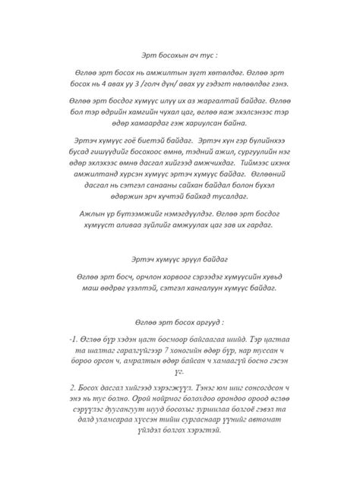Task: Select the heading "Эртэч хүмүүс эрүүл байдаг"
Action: pyautogui.click(x=180, y=258)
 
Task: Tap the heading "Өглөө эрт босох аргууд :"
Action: pyautogui.click(x=180, y=321)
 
